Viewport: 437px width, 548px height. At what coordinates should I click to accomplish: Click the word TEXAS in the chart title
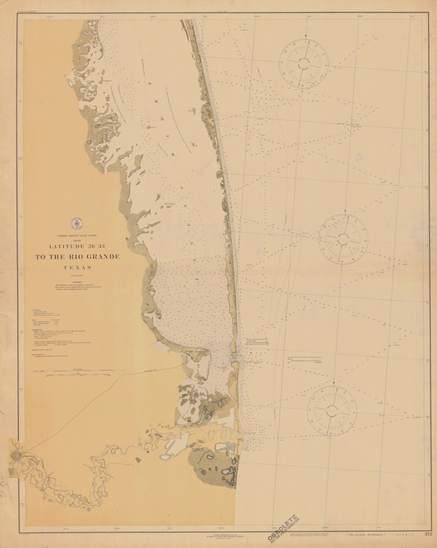(x=77, y=267)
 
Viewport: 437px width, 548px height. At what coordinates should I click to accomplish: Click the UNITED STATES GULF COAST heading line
(x=77, y=236)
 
